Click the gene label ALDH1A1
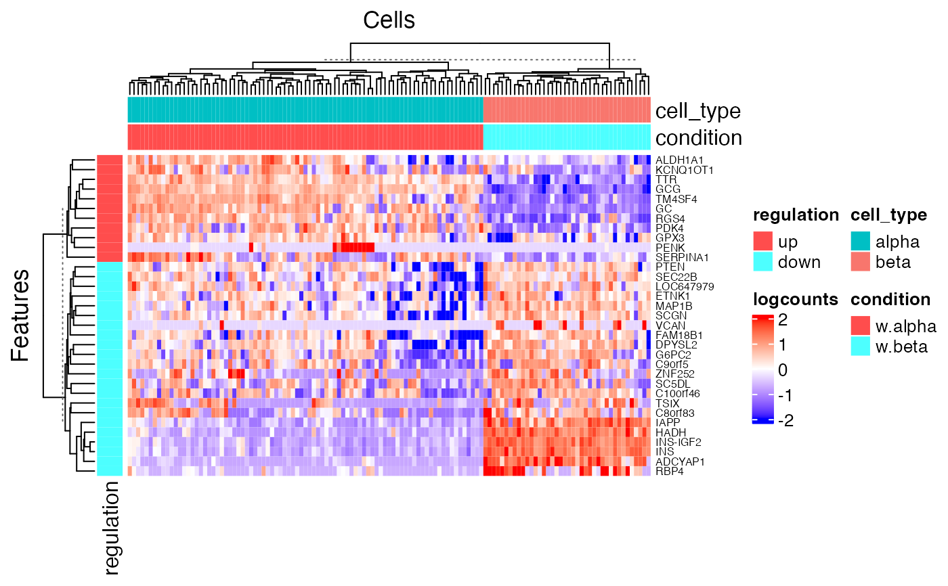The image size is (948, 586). point(675,160)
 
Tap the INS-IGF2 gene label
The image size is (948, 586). point(677,442)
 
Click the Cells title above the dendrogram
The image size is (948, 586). point(389,20)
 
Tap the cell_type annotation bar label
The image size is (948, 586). point(697,110)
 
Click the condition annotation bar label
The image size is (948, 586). point(699,138)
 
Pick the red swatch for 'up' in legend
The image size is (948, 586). point(762,242)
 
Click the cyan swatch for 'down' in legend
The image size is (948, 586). point(762,262)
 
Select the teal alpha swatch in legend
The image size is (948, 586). point(861,242)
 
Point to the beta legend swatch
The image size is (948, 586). point(861,262)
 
